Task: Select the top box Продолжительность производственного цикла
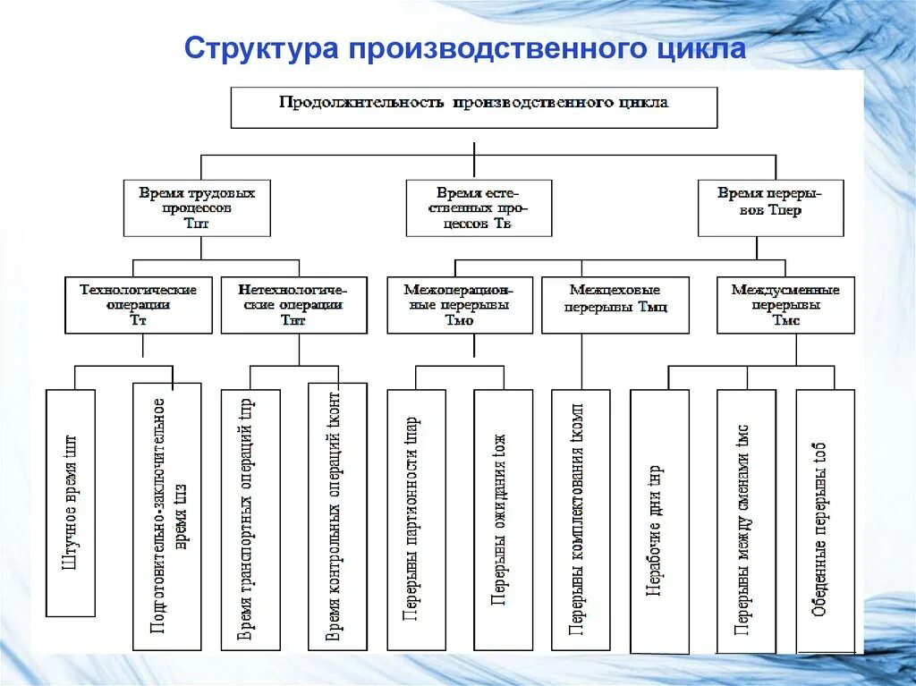coord(474,107)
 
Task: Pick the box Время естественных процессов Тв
coord(479,208)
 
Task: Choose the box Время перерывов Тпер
coord(770,207)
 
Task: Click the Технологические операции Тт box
coord(139,305)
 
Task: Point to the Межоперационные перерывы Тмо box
coord(459,305)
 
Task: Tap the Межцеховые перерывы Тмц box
coord(615,305)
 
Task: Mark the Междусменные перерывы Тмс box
coord(785,305)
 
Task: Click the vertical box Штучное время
coord(71,503)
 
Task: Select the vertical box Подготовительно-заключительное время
coord(167,517)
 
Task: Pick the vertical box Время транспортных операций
coord(250,520)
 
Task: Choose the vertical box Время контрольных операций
coord(336,517)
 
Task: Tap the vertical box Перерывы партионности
coord(416,520)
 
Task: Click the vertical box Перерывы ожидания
coord(503,520)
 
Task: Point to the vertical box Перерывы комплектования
coord(581,520)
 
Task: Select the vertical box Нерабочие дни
coord(659,521)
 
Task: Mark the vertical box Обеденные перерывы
coord(825,521)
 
